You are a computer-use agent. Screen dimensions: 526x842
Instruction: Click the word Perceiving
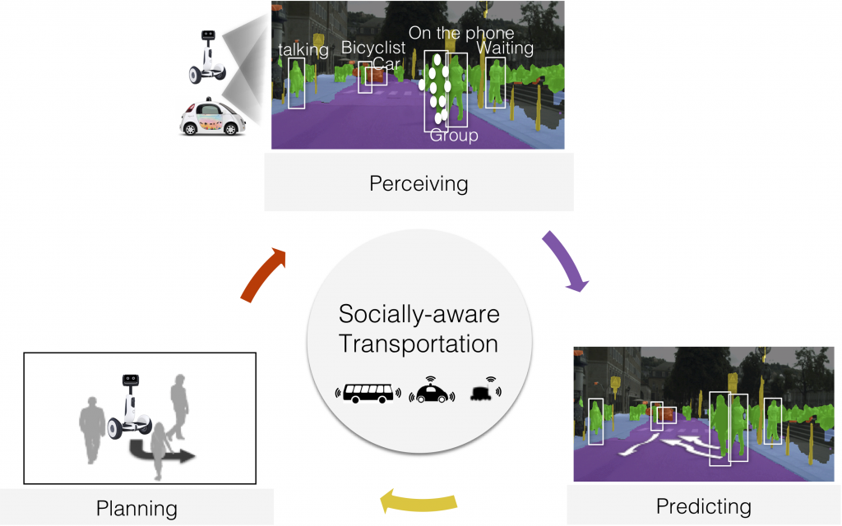click(419, 183)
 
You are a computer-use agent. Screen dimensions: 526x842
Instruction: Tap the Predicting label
click(703, 505)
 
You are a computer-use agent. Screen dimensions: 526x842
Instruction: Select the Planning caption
click(136, 508)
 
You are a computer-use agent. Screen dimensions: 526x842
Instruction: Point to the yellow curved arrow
click(419, 499)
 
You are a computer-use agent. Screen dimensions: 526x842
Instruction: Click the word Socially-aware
click(419, 314)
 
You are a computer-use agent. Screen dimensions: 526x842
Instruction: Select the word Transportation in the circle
click(419, 343)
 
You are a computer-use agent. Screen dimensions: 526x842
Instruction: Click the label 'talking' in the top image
click(303, 50)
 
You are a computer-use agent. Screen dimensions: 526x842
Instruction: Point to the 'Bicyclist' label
click(373, 48)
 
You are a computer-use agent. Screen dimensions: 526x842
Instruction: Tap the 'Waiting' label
click(505, 48)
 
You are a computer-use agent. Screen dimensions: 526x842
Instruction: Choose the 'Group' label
click(454, 136)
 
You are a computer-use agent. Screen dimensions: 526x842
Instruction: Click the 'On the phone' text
click(460, 33)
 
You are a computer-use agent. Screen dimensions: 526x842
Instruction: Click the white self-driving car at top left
click(212, 118)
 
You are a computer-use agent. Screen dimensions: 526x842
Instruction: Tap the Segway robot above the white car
click(206, 57)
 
